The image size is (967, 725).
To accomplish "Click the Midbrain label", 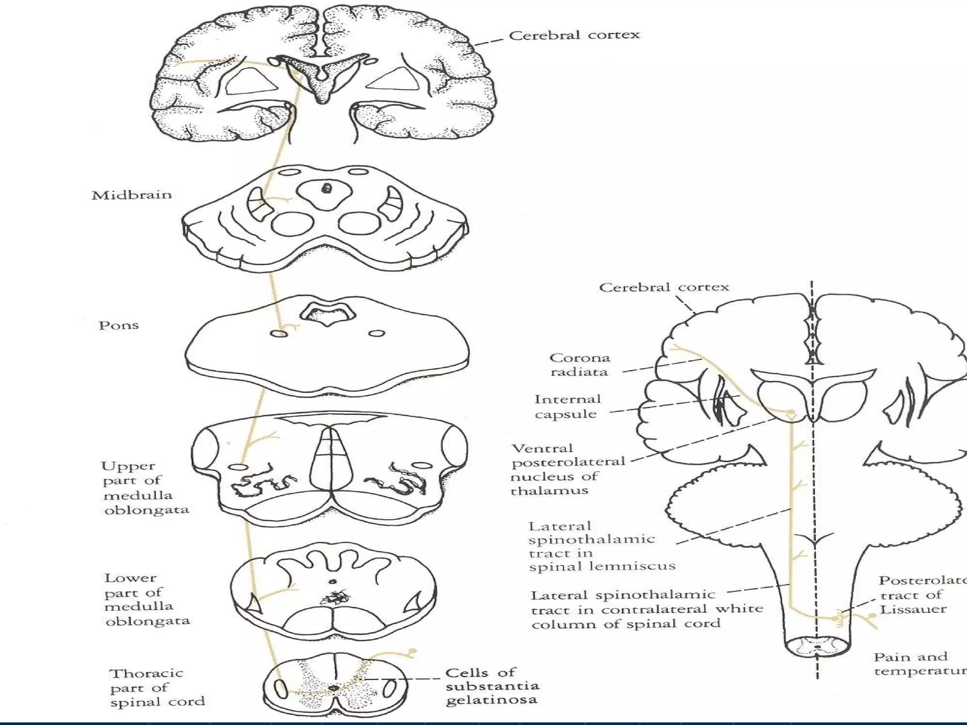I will [x=131, y=195].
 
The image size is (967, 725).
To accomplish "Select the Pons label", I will [x=119, y=325].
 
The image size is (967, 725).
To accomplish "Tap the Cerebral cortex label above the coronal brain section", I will [x=574, y=35].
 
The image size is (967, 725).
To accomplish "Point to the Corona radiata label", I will [x=579, y=365].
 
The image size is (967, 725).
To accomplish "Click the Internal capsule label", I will [x=567, y=406].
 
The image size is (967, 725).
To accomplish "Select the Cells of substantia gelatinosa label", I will [x=492, y=686].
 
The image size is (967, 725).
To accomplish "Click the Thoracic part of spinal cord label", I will [x=157, y=687].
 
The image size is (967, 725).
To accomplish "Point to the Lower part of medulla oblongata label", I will [x=147, y=599].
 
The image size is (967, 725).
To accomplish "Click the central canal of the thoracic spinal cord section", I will [x=334, y=688].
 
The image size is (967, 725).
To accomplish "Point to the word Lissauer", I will [x=913, y=609].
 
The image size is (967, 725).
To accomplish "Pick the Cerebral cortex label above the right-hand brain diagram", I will [x=664, y=287].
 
